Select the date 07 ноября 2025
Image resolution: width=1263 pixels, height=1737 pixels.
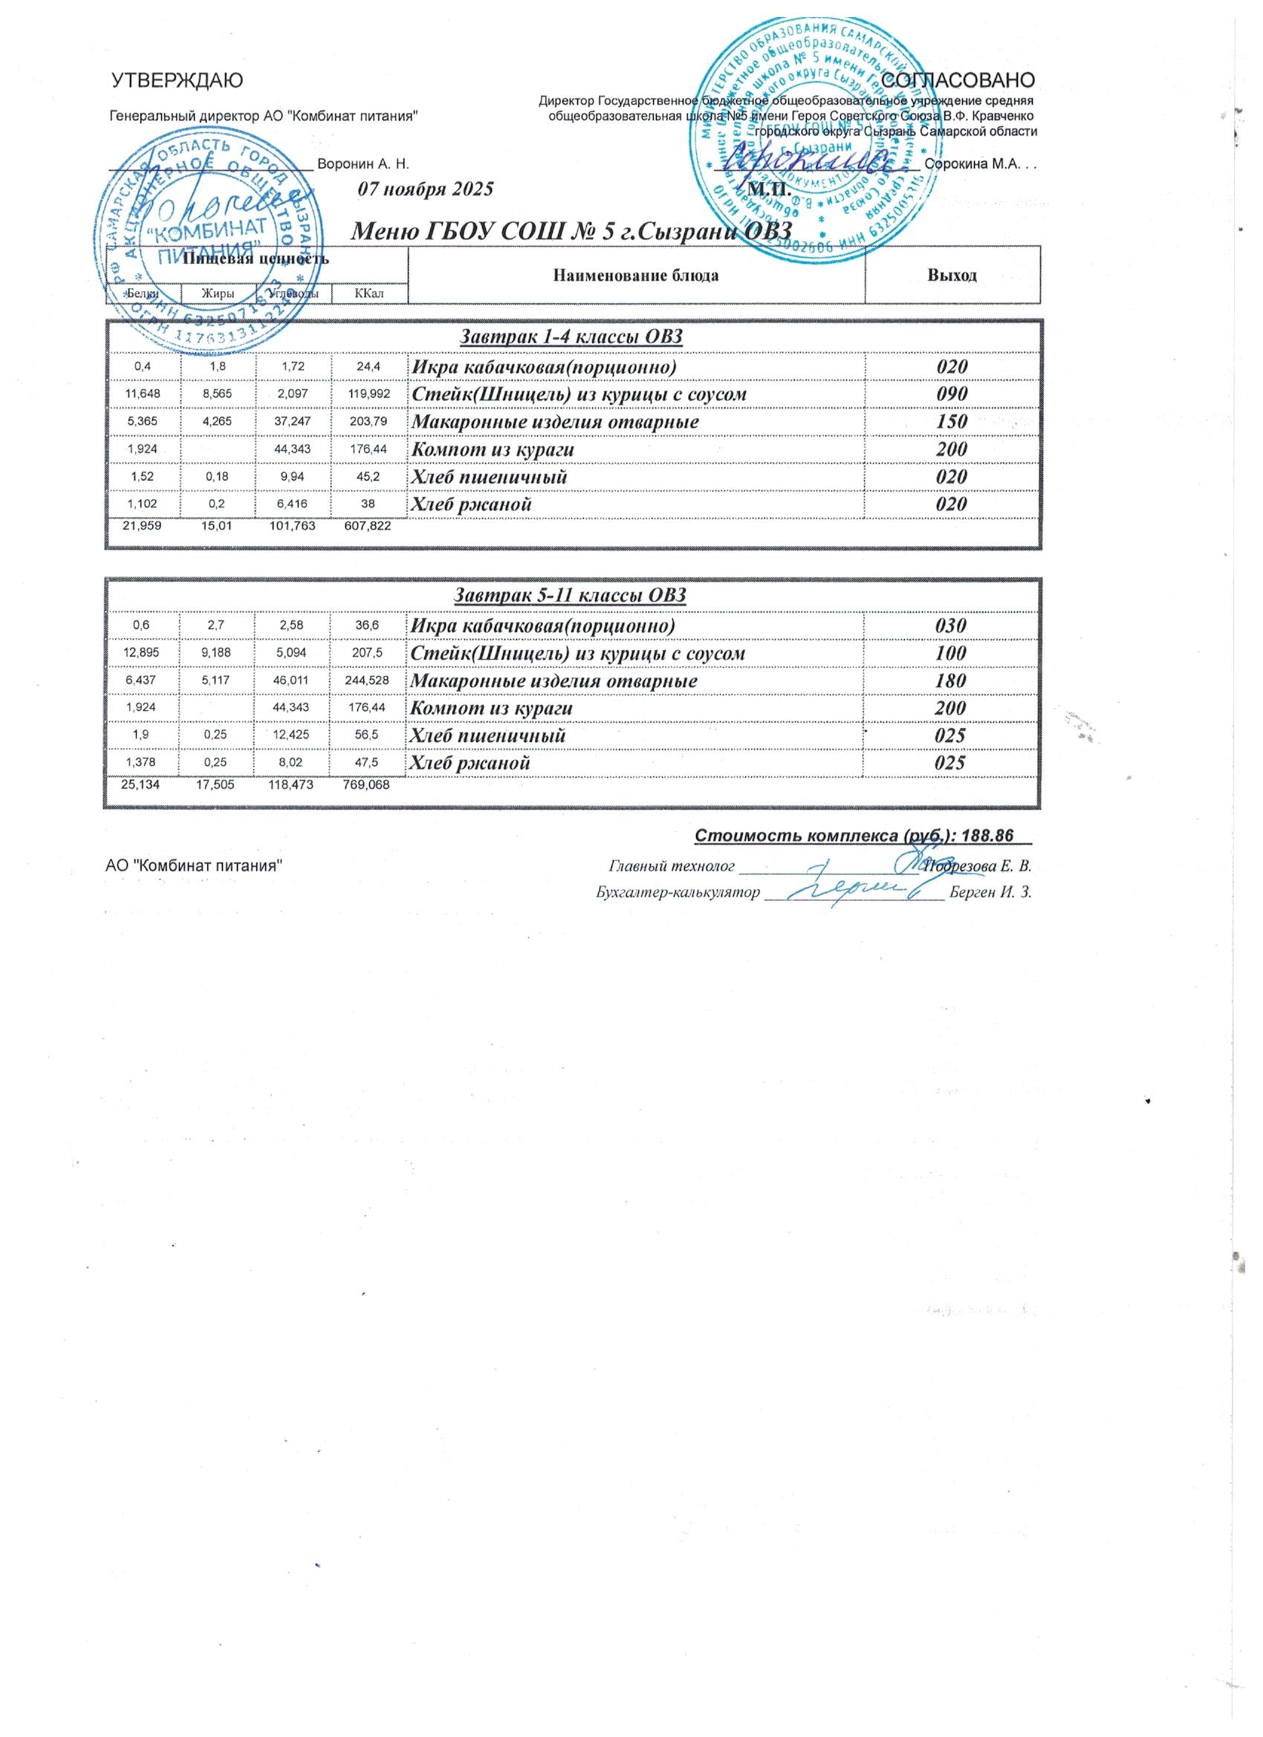pyautogui.click(x=426, y=190)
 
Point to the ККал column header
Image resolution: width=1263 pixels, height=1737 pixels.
pyautogui.click(x=369, y=293)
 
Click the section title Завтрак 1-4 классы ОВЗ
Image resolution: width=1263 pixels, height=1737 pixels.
pyautogui.click(x=571, y=337)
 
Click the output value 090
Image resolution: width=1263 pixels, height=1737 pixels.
pyautogui.click(x=952, y=395)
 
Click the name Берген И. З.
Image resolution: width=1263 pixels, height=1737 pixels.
pyautogui.click(x=990, y=893)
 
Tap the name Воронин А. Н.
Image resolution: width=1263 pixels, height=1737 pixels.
pyautogui.click(x=364, y=164)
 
